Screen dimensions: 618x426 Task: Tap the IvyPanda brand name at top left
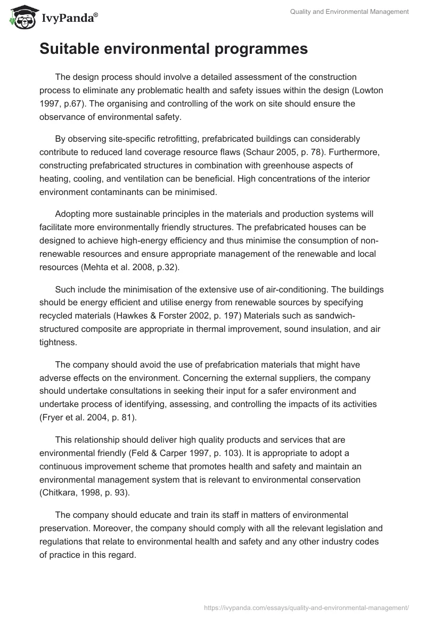[67, 18]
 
